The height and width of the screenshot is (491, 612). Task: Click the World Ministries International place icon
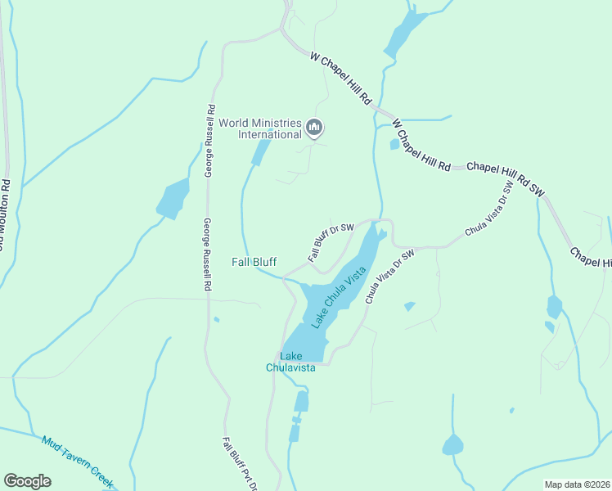[315, 127]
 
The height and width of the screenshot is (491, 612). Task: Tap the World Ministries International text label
[259, 128]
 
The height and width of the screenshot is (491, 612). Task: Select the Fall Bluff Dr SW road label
[331, 242]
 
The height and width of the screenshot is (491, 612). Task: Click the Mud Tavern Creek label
[78, 462]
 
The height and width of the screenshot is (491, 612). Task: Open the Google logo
[27, 481]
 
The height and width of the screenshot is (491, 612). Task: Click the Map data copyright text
[577, 484]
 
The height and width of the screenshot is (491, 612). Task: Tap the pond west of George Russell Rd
[173, 199]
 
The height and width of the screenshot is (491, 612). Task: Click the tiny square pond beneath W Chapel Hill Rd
[394, 145]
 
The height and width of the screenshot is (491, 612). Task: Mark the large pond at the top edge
[404, 34]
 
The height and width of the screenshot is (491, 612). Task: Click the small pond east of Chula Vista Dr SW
[409, 306]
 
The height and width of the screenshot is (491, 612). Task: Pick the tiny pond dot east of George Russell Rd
[216, 319]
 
